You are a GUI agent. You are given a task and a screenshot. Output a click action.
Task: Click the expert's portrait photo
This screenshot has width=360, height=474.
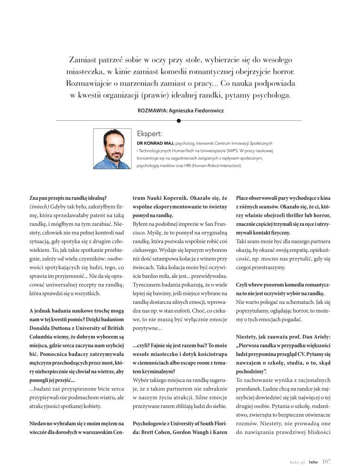(112, 149)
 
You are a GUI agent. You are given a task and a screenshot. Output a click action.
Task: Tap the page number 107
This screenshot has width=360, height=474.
(326, 461)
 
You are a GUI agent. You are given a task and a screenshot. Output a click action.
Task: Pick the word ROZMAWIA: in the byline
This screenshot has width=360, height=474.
(154, 110)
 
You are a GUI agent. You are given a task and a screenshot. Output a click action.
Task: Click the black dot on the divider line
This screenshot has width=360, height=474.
(179, 121)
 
